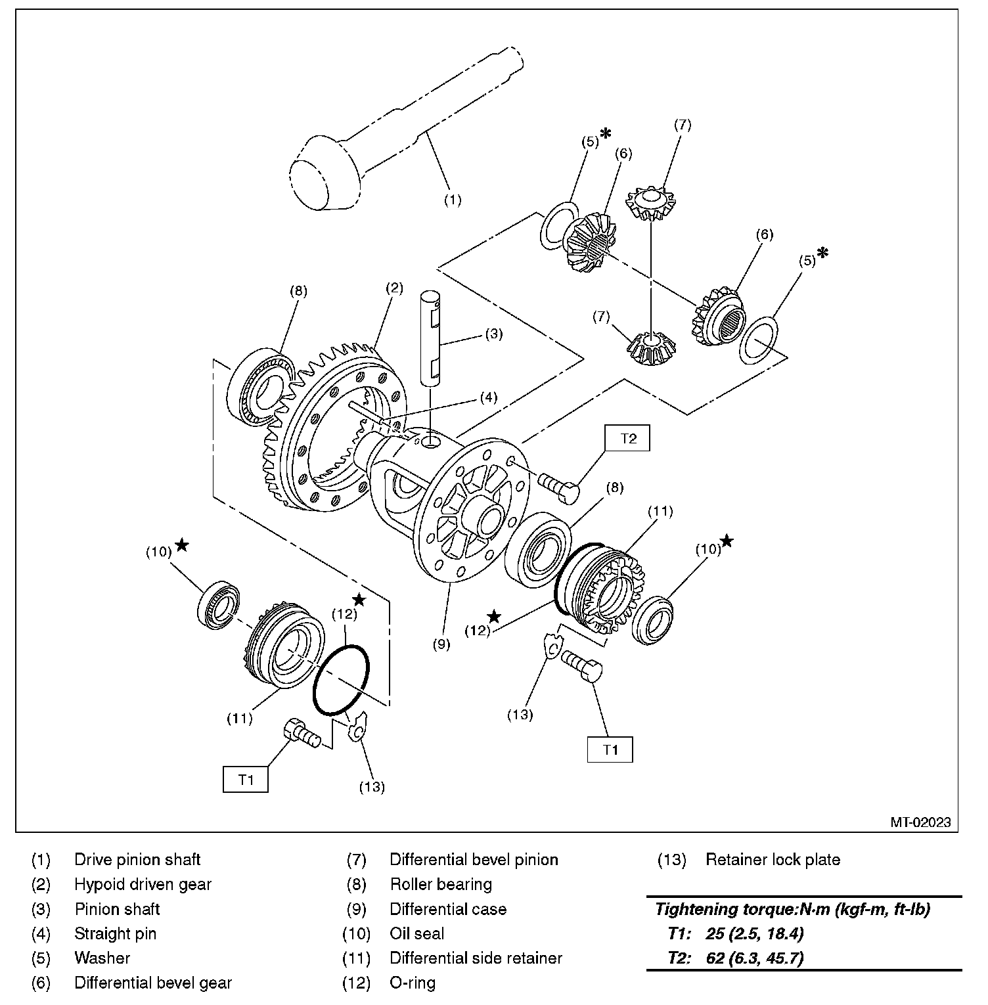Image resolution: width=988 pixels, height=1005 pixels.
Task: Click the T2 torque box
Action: pos(628,438)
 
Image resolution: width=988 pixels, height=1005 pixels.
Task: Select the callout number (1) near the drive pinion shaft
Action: pos(453,201)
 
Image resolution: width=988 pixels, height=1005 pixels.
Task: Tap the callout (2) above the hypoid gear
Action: pos(393,287)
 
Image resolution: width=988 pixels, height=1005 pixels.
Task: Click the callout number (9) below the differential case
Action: pos(441,644)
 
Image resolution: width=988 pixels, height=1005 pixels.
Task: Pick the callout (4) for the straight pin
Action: pos(487,397)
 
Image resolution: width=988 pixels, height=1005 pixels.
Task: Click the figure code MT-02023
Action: pos(920,822)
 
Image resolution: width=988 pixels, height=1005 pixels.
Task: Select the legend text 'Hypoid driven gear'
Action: pos(143,884)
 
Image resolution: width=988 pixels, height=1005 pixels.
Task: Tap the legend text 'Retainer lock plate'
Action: pos(773,859)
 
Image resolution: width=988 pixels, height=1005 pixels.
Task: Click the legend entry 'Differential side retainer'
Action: pos(476,958)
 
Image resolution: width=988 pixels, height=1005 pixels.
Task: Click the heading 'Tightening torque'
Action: pos(792,909)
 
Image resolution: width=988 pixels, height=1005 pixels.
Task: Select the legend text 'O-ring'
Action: pos(412,983)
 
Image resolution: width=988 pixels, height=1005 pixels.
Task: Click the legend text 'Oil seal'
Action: pos(416,933)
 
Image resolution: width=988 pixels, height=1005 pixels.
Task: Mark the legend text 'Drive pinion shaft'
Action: pos(137,859)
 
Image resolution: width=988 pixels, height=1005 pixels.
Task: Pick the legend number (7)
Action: pos(356,859)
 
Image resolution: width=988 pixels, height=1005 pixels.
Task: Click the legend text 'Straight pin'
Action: pos(115,933)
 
